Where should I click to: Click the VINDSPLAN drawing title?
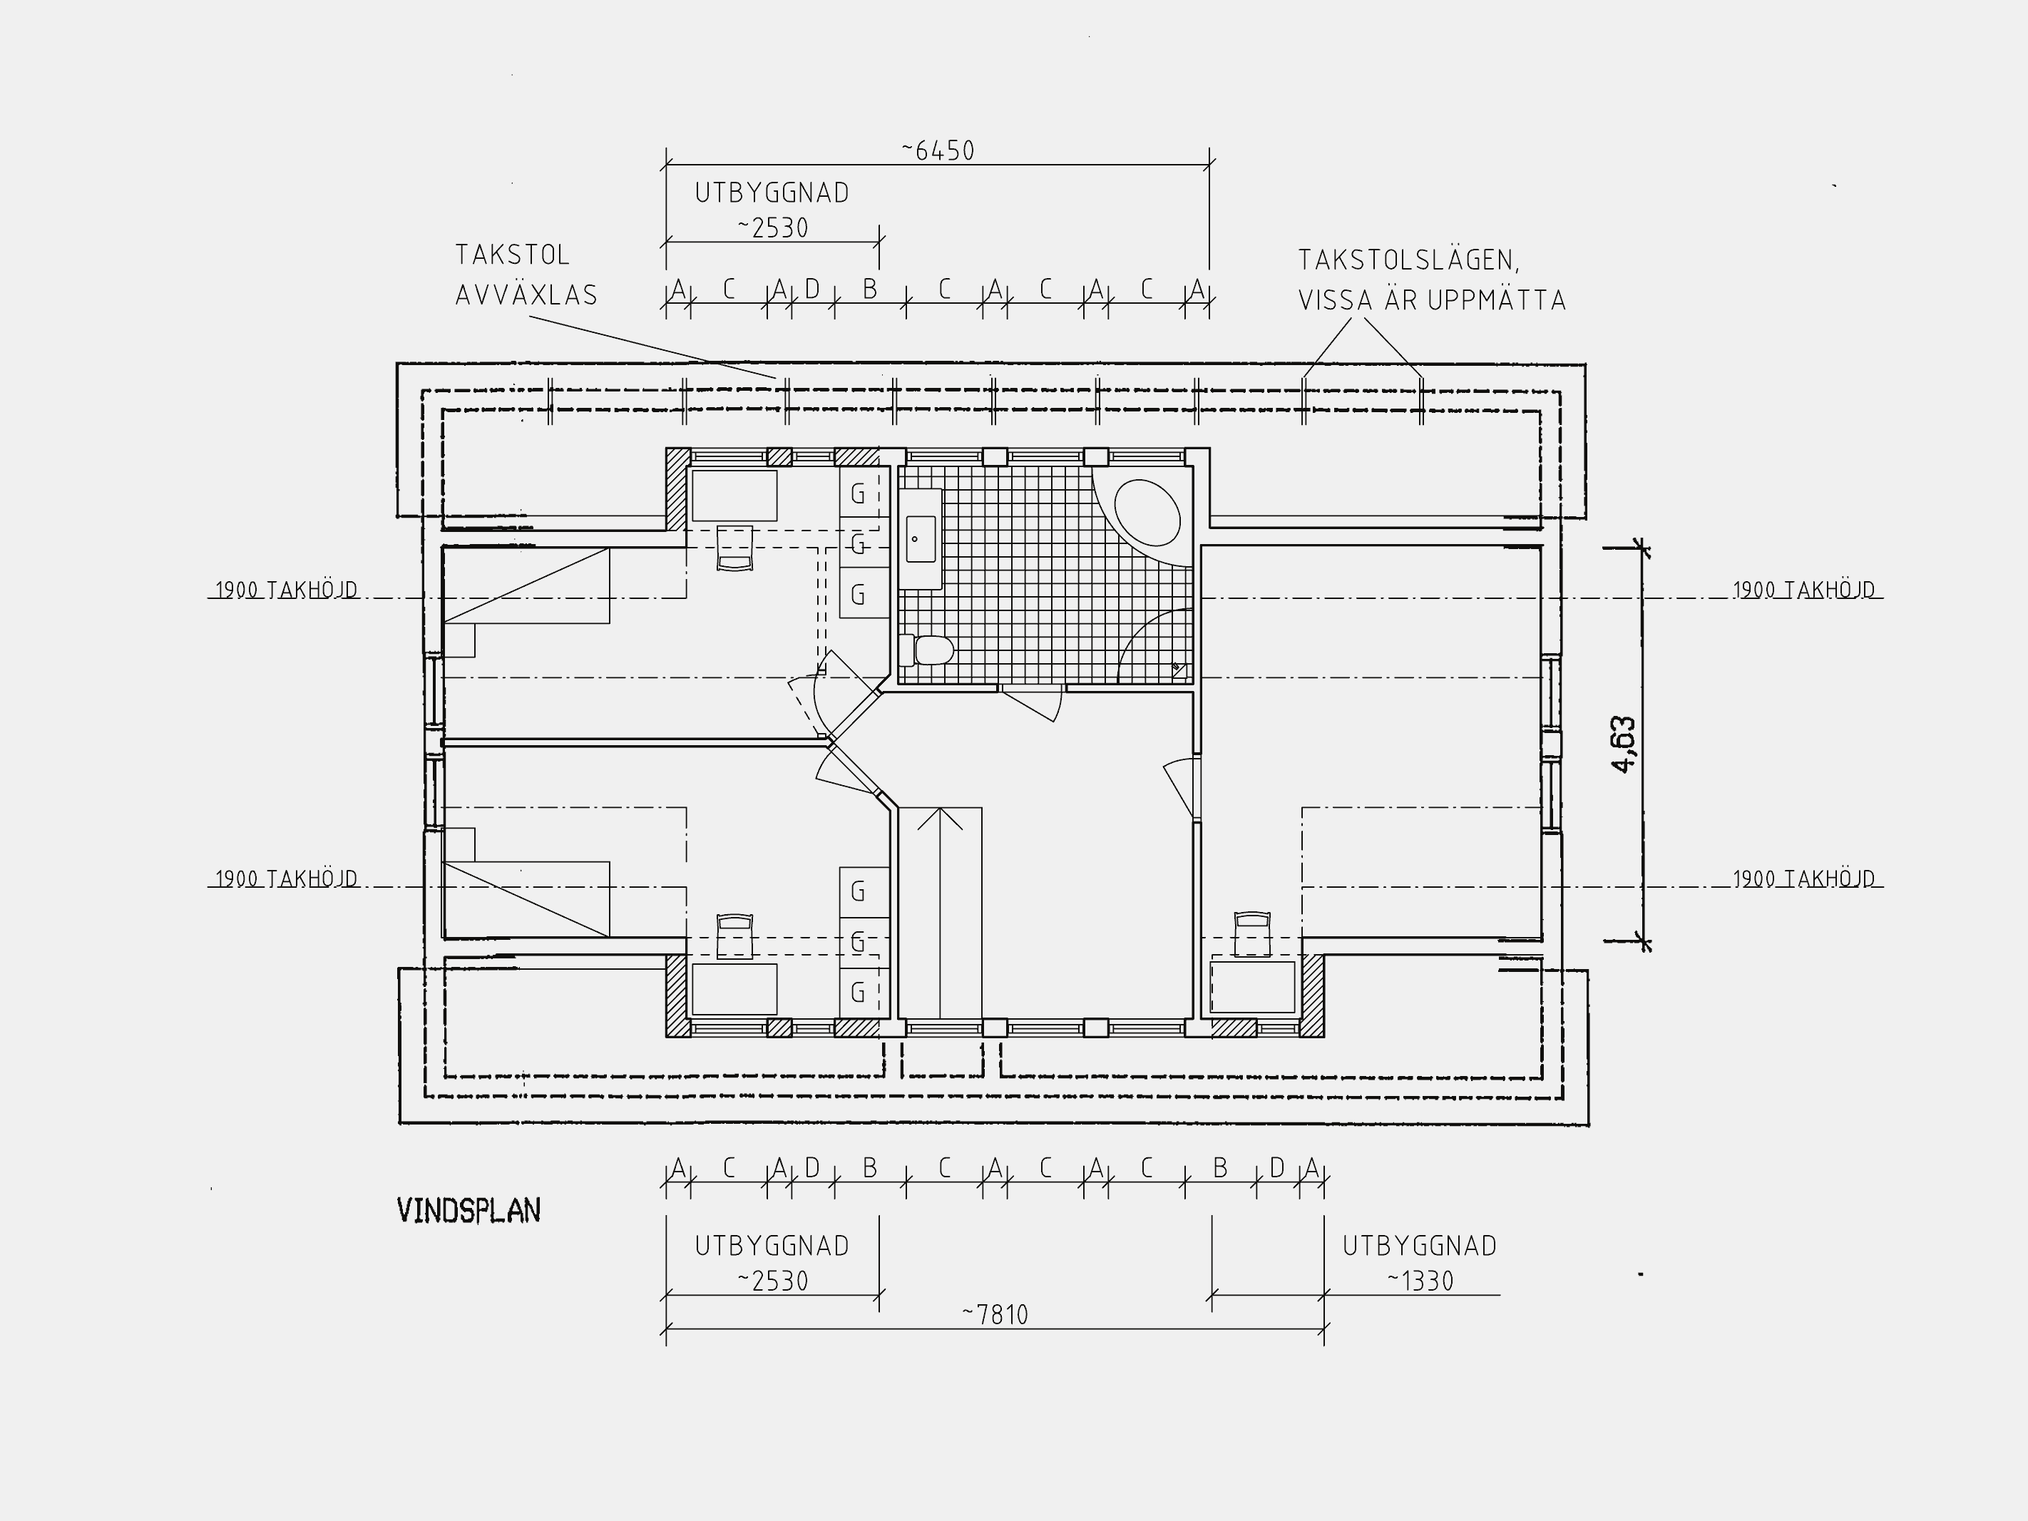(468, 1210)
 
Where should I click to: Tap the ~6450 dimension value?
(938, 150)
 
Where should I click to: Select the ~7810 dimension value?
(995, 1315)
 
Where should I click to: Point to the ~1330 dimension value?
(1420, 1281)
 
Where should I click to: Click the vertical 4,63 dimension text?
(1623, 744)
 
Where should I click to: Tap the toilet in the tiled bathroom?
(927, 650)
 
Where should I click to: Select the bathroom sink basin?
(921, 539)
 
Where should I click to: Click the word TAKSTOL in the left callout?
(513, 255)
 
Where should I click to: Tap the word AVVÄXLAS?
(526, 295)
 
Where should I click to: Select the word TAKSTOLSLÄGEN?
(1408, 260)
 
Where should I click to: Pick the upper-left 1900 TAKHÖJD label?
(286, 590)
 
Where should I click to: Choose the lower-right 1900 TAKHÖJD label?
(1803, 879)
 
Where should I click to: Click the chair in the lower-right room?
(1252, 933)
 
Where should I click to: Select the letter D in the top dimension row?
(812, 290)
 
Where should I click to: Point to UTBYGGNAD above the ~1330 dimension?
(1419, 1246)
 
